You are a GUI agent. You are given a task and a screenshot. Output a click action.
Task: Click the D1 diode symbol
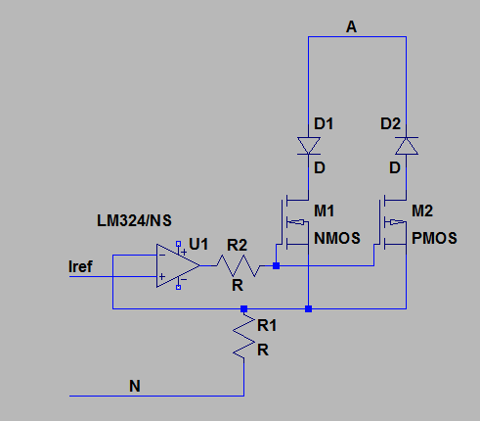pyautogui.click(x=309, y=146)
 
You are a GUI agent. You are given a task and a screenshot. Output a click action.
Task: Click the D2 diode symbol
pyautogui.click(x=407, y=146)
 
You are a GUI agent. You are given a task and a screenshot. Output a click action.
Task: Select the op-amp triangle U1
pyautogui.click(x=178, y=265)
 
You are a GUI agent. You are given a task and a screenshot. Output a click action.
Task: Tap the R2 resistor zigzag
pyautogui.click(x=238, y=265)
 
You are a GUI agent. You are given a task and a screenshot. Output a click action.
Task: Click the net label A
pyautogui.click(x=351, y=26)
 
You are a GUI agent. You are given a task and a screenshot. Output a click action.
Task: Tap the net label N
pyautogui.click(x=135, y=386)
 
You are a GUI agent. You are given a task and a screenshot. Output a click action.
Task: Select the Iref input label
pyautogui.click(x=80, y=266)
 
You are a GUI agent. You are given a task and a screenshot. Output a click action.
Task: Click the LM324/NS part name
pyautogui.click(x=134, y=221)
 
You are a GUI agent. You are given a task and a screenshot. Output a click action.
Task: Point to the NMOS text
pyautogui.click(x=337, y=238)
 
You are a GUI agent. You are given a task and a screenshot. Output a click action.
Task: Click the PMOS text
pyautogui.click(x=434, y=238)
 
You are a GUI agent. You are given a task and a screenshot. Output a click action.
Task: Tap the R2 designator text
pyautogui.click(x=238, y=245)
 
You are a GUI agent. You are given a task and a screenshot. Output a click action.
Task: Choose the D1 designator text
pyautogui.click(x=324, y=124)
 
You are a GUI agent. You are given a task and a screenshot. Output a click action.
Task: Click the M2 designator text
pyautogui.click(x=422, y=210)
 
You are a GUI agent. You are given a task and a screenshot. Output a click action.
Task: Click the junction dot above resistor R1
pyautogui.click(x=243, y=308)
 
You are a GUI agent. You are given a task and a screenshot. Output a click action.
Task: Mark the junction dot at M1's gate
pyautogui.click(x=276, y=265)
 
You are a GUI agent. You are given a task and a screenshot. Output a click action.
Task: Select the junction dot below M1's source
pyautogui.click(x=309, y=308)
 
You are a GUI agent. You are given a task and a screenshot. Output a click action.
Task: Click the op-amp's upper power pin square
pyautogui.click(x=178, y=244)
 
